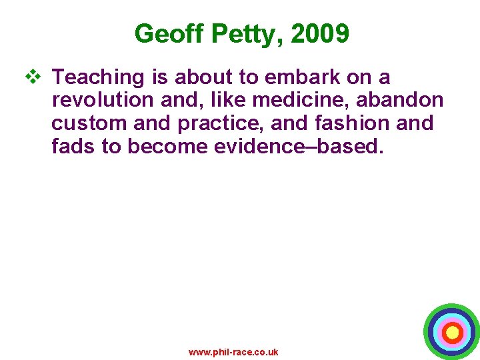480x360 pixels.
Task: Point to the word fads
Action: click(73, 146)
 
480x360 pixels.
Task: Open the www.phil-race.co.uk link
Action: click(233, 352)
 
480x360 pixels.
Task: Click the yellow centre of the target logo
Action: click(452, 331)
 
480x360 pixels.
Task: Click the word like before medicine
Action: click(233, 100)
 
